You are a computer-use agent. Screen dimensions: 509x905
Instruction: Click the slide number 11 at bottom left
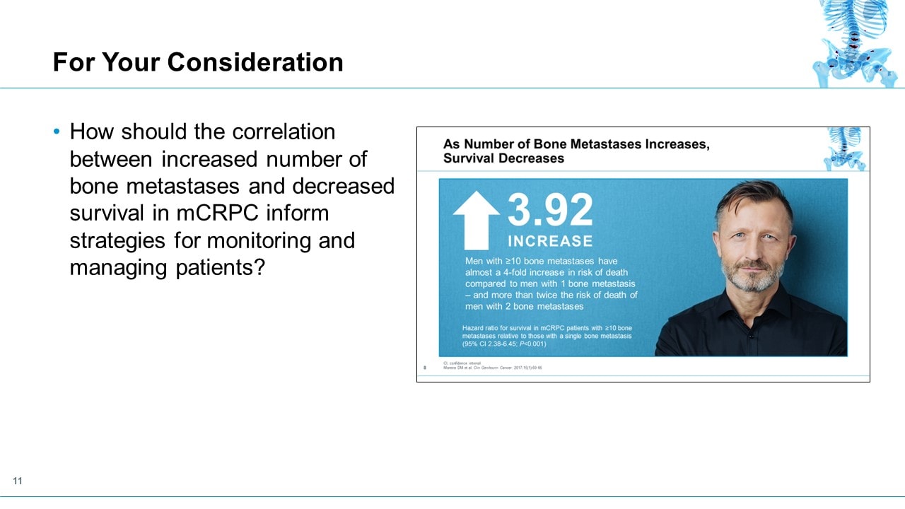coord(18,481)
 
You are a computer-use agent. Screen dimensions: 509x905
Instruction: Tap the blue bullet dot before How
coord(57,132)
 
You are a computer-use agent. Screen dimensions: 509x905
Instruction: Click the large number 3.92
coord(551,210)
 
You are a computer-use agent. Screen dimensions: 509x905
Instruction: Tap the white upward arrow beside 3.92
coord(476,220)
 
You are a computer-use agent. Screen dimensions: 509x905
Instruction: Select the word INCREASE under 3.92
coord(550,241)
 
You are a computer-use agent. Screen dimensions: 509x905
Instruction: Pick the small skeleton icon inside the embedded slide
coord(845,148)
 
